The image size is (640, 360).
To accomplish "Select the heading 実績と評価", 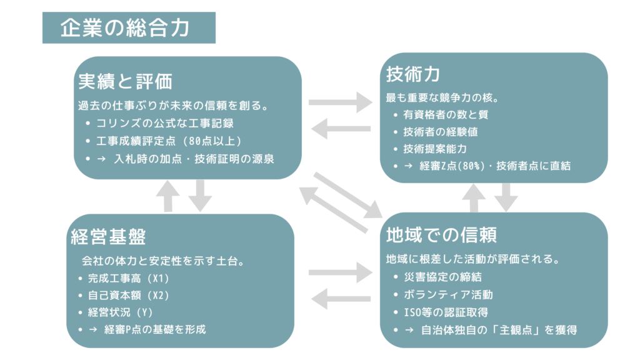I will [x=125, y=81].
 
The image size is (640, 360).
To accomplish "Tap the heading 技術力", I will [x=413, y=74].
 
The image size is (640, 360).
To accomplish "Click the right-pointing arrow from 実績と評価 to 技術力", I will [x=340, y=102].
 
